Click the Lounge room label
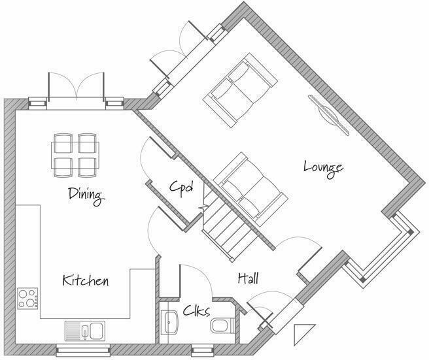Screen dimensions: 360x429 coord(323,167)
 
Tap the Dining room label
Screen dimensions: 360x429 coord(86,195)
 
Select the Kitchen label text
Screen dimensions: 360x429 coord(85,281)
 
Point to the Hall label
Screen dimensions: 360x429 coord(248,279)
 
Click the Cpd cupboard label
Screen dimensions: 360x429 coord(181,189)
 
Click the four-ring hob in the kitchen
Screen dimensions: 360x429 coord(27,299)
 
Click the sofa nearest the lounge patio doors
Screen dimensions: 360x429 coord(237,90)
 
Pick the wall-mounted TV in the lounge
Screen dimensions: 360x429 coord(328,115)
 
